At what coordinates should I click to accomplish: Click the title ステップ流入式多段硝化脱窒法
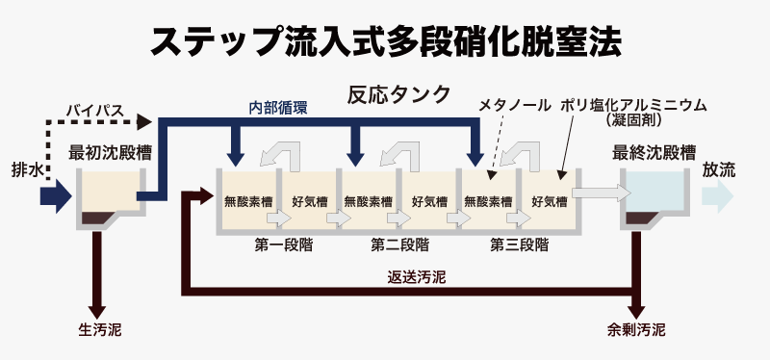(386, 42)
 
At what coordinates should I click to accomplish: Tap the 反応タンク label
(398, 94)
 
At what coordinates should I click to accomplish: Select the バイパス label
(95, 111)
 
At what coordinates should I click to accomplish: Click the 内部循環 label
(277, 108)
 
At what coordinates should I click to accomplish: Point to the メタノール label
(515, 106)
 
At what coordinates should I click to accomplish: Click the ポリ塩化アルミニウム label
(634, 106)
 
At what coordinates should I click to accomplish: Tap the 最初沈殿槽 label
(110, 153)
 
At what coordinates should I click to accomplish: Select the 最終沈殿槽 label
(654, 153)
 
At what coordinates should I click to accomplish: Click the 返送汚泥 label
(417, 278)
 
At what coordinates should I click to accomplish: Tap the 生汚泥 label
(100, 330)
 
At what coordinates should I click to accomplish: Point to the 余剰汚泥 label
(636, 330)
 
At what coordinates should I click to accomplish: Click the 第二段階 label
(399, 245)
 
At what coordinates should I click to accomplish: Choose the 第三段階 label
(519, 245)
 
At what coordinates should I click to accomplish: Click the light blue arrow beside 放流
(717, 196)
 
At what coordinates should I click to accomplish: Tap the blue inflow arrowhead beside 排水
(57, 196)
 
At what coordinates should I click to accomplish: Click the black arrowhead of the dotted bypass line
(143, 121)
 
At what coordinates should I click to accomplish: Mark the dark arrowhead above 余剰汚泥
(636, 313)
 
